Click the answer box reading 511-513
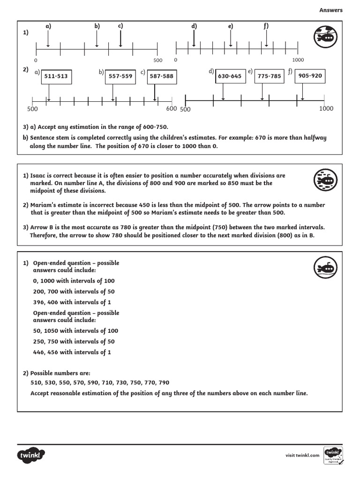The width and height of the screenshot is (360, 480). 56,76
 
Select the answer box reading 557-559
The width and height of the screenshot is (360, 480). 120,76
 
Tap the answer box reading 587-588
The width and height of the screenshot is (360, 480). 161,76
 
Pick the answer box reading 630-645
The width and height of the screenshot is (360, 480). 230,76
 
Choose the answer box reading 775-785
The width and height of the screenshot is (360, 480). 269,76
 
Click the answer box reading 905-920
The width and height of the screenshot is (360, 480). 310,75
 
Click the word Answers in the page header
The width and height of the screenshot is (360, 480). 331,10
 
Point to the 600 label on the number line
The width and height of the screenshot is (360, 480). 171,109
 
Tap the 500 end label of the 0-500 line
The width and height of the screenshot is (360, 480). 157,60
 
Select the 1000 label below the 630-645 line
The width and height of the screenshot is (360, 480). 326,109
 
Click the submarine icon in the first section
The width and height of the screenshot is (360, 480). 324,38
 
